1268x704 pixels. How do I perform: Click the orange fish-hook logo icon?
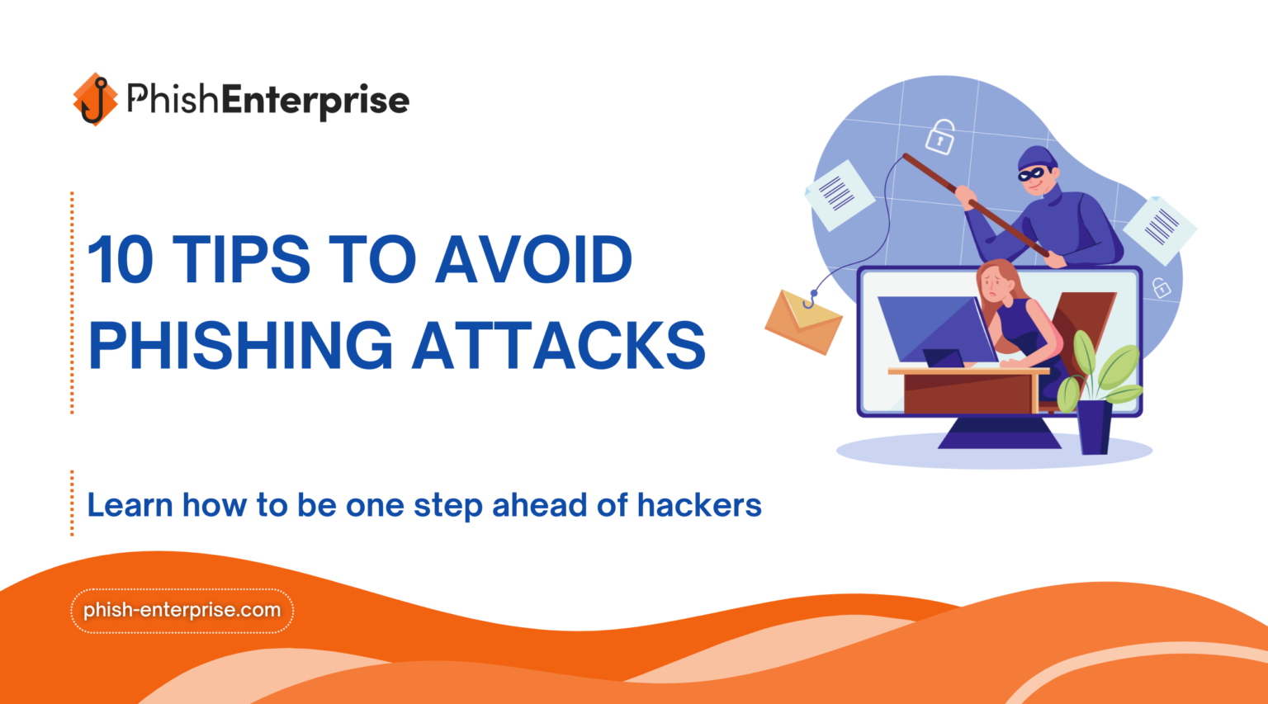click(95, 100)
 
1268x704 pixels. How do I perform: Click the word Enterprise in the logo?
click(315, 101)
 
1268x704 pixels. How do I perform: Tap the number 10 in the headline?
click(121, 260)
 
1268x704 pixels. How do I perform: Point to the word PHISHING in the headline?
click(240, 345)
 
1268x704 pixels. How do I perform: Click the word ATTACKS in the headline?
click(559, 345)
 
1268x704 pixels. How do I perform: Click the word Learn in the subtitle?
click(130, 505)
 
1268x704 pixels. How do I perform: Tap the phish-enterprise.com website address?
click(182, 611)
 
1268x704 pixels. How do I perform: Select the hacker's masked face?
click(1035, 172)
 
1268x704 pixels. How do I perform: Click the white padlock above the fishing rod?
click(939, 137)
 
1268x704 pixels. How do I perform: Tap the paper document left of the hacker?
click(839, 195)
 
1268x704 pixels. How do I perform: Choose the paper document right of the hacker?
click(1159, 227)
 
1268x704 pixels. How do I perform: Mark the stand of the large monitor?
click(999, 432)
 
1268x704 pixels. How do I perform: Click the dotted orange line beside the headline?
click(73, 302)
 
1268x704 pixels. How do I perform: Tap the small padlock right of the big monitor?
click(1162, 288)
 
